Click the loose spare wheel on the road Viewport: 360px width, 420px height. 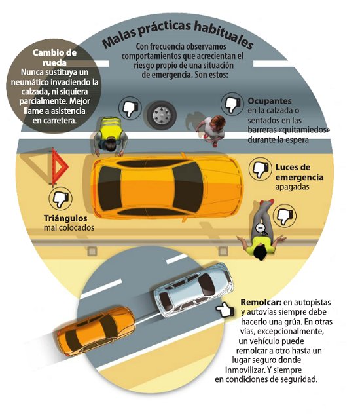(162, 115)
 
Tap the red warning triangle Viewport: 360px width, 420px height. (58, 166)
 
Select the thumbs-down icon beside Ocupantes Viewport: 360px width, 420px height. (232, 104)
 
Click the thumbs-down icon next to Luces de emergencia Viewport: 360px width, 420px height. (261, 169)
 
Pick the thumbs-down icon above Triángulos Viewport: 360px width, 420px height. (60, 199)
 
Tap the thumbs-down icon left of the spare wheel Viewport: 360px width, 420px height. (130, 108)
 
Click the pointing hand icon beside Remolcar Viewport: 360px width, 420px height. (225, 309)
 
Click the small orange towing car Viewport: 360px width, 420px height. (96, 332)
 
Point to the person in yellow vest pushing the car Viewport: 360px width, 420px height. (110, 136)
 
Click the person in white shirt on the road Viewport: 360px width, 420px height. (212, 130)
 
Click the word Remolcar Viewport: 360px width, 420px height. (261, 303)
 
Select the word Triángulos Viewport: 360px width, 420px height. (65, 218)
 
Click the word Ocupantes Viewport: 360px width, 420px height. (270, 101)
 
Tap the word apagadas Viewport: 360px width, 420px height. (293, 187)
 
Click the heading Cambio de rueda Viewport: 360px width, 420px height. (54, 58)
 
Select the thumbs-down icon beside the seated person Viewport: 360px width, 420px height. (285, 216)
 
